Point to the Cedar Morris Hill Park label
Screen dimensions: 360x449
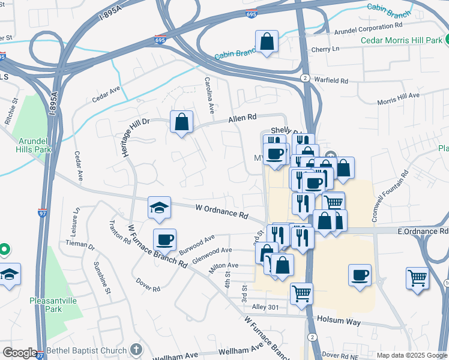click(402, 41)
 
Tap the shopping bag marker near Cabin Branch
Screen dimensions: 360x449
click(267, 43)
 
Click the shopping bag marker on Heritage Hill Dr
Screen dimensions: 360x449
click(181, 122)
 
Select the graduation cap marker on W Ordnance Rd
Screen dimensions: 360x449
click(159, 208)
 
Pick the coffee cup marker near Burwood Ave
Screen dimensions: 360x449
click(164, 240)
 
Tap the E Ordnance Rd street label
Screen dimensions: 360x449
click(423, 231)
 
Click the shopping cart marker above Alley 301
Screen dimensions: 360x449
click(301, 294)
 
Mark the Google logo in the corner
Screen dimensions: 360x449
click(19, 353)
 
